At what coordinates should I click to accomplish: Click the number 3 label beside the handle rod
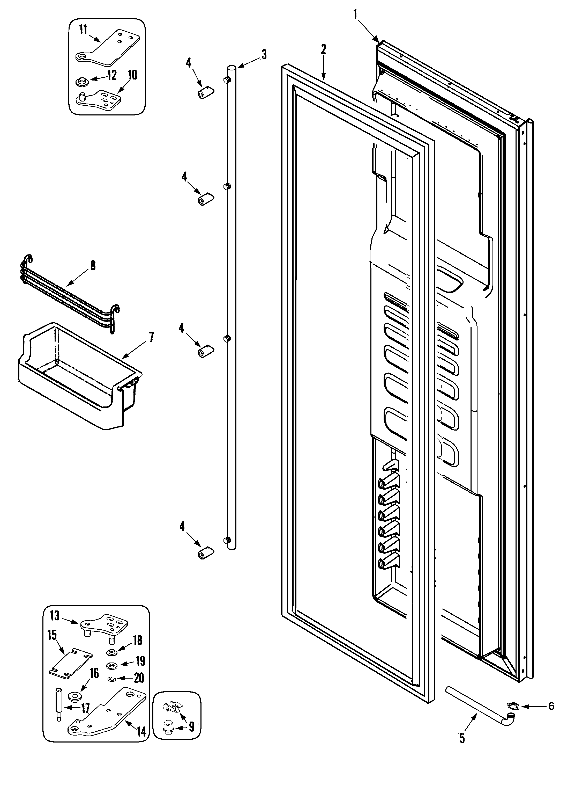click(264, 54)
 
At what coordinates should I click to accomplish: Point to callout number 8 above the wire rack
click(93, 266)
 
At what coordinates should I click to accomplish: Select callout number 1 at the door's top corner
click(355, 14)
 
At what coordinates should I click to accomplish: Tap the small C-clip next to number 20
click(112, 678)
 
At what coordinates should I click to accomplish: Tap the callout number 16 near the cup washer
click(94, 673)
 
